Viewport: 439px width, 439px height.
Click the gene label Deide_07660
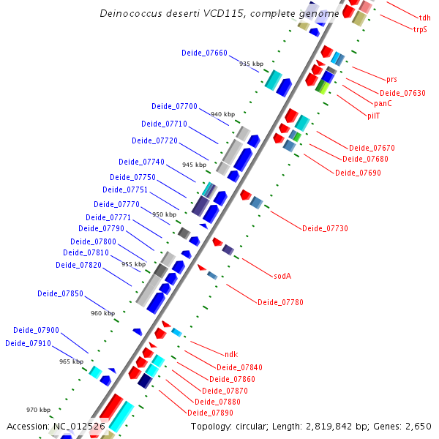coord(204,53)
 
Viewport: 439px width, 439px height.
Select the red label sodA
coord(282,276)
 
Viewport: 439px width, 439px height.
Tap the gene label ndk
coord(231,354)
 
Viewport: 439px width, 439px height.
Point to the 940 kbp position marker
coord(222,114)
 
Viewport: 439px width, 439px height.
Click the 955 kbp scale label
coord(133,264)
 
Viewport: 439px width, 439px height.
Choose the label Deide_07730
coord(325,229)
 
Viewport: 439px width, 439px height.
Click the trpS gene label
coord(420,29)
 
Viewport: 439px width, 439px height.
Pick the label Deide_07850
coord(60,293)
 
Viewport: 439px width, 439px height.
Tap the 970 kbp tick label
coord(38,410)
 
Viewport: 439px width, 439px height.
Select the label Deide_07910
coord(28,343)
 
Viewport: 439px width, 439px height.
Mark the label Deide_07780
coord(280,302)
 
